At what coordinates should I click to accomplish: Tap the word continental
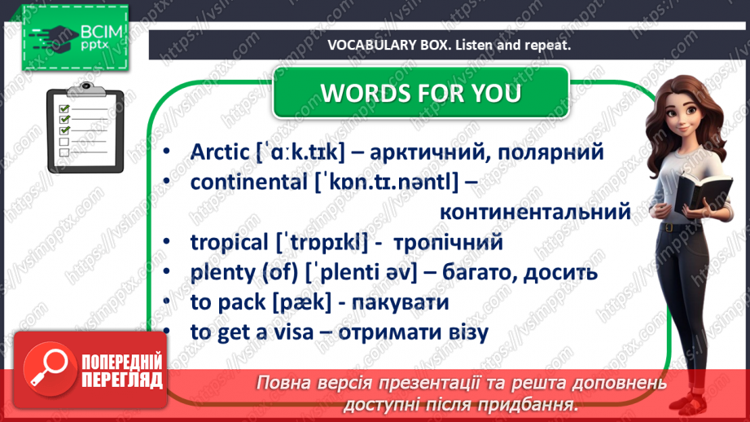pyautogui.click(x=249, y=182)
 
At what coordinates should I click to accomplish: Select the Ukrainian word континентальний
pyautogui.click(x=534, y=213)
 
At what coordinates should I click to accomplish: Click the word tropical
pyautogui.click(x=229, y=242)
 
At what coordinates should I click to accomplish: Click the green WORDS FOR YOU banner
pyautogui.click(x=420, y=93)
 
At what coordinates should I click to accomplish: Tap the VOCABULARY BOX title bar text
pyautogui.click(x=449, y=46)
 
